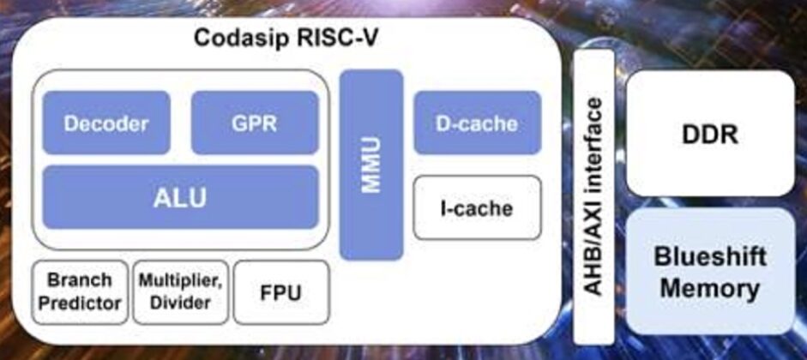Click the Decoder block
tap(105, 123)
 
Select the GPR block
tap(254, 123)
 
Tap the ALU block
tap(180, 197)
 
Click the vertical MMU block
tap(370, 165)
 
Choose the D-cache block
tap(477, 123)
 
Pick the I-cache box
tap(477, 207)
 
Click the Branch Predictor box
tap(80, 292)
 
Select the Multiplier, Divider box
tap(181, 292)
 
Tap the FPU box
tap(280, 292)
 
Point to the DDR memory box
tap(709, 133)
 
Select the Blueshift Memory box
tap(709, 271)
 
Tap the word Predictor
tap(80, 303)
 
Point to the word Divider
tap(181, 303)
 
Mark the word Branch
tap(80, 280)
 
